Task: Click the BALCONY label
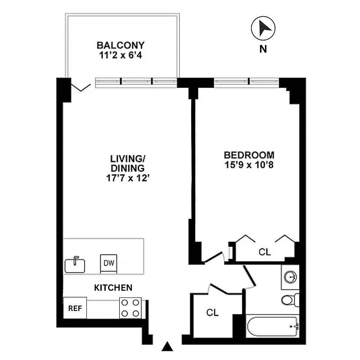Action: tap(121, 45)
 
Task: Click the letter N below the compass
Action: tap(263, 50)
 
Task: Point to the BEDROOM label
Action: tap(249, 155)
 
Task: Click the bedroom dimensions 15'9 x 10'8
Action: tap(249, 165)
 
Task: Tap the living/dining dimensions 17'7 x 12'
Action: tap(127, 178)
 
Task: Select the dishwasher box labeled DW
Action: tap(108, 264)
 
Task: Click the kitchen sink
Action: tap(75, 265)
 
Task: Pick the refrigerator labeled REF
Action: tap(74, 309)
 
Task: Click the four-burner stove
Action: tap(130, 308)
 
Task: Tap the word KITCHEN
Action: tap(112, 287)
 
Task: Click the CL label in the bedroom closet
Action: tap(265, 252)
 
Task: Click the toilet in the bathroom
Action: tap(288, 299)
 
